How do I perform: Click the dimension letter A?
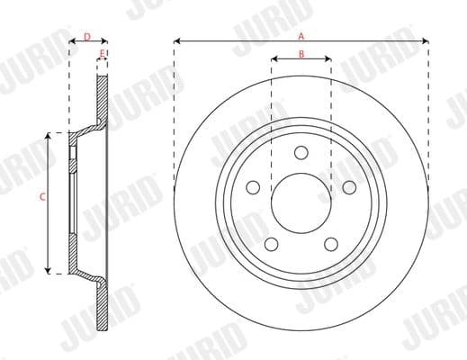pos(301,35)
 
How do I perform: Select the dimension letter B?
pos(301,55)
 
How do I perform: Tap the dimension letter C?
pos(43,195)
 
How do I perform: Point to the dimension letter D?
pos(87,36)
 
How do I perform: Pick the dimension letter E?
pos(102,54)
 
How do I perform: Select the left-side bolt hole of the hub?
pos(254,186)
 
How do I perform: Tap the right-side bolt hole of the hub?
pos(349,186)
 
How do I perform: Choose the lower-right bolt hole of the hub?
pos(331,243)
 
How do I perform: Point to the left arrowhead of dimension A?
pos(176,41)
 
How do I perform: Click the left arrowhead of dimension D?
pos(72,41)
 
